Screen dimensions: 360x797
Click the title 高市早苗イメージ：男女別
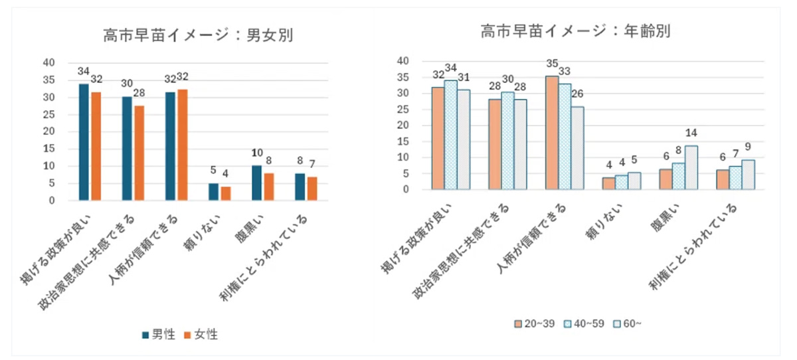tap(197, 35)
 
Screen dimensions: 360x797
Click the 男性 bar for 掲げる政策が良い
tap(84, 142)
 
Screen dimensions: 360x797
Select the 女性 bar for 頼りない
tap(225, 193)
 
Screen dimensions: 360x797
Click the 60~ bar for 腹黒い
tap(691, 167)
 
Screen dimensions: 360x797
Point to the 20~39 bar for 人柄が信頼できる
tap(551, 133)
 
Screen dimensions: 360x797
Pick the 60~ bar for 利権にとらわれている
tap(748, 175)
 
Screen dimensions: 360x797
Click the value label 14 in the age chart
tap(691, 133)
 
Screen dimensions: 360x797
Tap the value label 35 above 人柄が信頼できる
tap(551, 64)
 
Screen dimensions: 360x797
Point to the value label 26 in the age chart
tap(578, 94)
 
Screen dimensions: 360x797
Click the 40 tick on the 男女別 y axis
tap(48, 63)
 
